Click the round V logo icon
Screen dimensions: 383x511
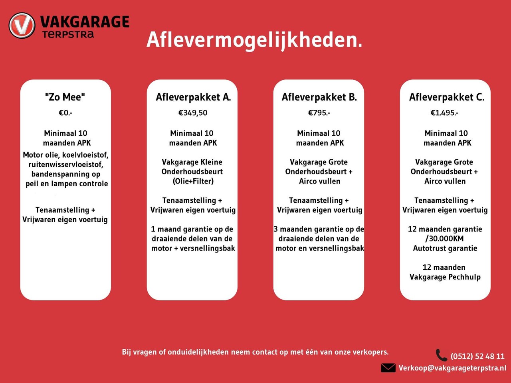point(22,26)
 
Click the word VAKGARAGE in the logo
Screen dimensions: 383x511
point(85,22)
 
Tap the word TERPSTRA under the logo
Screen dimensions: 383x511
point(68,35)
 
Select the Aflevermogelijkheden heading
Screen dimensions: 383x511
point(254,40)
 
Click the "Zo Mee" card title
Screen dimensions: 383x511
point(65,97)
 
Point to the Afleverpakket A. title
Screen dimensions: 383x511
point(193,97)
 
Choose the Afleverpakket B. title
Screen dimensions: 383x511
point(319,97)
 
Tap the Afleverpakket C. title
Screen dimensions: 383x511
point(446,97)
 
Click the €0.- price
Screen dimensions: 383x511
point(65,113)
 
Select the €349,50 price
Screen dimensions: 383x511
point(193,113)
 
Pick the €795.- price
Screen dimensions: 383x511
point(319,113)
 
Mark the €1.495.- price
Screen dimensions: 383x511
point(444,113)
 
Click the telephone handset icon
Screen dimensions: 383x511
point(441,355)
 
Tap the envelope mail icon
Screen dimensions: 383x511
point(388,367)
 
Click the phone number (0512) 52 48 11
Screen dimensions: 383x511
point(477,356)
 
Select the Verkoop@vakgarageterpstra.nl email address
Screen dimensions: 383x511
point(452,368)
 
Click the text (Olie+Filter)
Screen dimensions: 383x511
point(193,181)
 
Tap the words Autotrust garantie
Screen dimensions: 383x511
point(445,248)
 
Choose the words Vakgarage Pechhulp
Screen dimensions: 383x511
point(445,277)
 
